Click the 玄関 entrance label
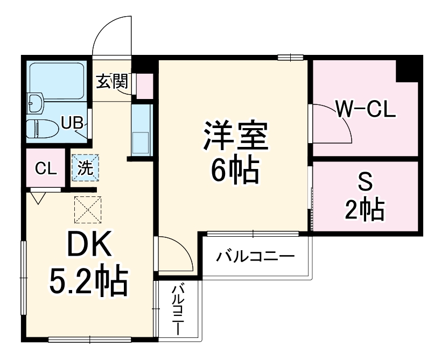[x=113, y=82]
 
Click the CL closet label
[x=45, y=169]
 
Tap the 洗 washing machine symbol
[x=86, y=167]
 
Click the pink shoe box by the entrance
[x=144, y=85]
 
